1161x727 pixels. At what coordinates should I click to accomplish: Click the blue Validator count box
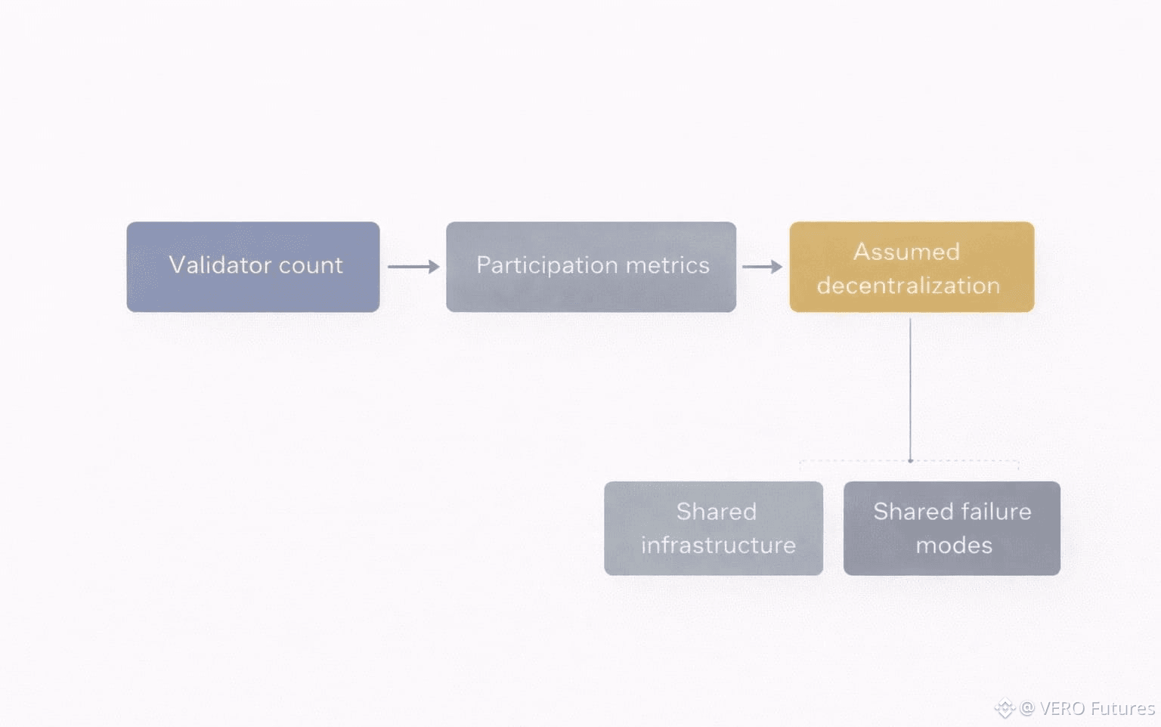click(x=253, y=267)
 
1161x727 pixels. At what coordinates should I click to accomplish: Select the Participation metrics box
click(x=591, y=267)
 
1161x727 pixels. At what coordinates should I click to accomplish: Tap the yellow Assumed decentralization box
click(x=912, y=267)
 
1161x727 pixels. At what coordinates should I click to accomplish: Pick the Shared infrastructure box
click(x=714, y=528)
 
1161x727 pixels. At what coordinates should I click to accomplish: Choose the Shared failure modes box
click(x=952, y=528)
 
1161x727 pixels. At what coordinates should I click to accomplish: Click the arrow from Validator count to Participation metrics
click(x=413, y=267)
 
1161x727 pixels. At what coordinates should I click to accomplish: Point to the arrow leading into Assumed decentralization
click(x=763, y=267)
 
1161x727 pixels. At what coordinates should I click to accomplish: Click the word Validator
click(x=220, y=265)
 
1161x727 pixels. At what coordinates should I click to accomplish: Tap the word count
click(x=311, y=266)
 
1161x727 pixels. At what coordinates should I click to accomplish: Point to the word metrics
click(x=667, y=265)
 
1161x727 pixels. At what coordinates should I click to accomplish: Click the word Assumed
click(x=906, y=252)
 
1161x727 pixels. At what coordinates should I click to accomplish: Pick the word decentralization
click(x=909, y=286)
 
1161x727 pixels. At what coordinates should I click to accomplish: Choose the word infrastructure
click(x=718, y=545)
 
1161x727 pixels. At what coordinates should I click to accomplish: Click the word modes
click(x=954, y=546)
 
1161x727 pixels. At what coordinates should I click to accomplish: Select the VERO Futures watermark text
click(x=1098, y=708)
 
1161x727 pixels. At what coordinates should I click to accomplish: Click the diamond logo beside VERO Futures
click(x=1005, y=708)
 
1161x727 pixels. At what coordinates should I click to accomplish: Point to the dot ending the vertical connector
click(x=910, y=461)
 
